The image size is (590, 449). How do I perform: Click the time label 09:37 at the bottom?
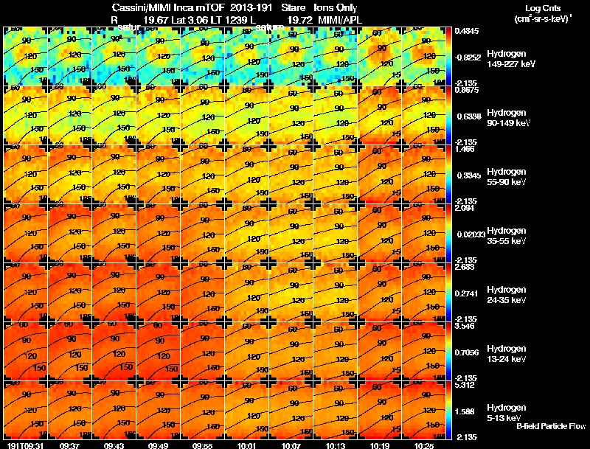(x=72, y=445)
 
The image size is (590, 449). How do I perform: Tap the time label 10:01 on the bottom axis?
(x=249, y=445)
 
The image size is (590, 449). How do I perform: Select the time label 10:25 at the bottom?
(x=426, y=445)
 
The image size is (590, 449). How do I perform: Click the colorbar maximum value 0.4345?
(x=468, y=31)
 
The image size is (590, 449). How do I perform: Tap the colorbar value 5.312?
(x=466, y=385)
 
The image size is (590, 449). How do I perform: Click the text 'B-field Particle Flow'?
(x=551, y=427)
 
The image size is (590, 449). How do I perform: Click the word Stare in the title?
(x=293, y=8)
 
